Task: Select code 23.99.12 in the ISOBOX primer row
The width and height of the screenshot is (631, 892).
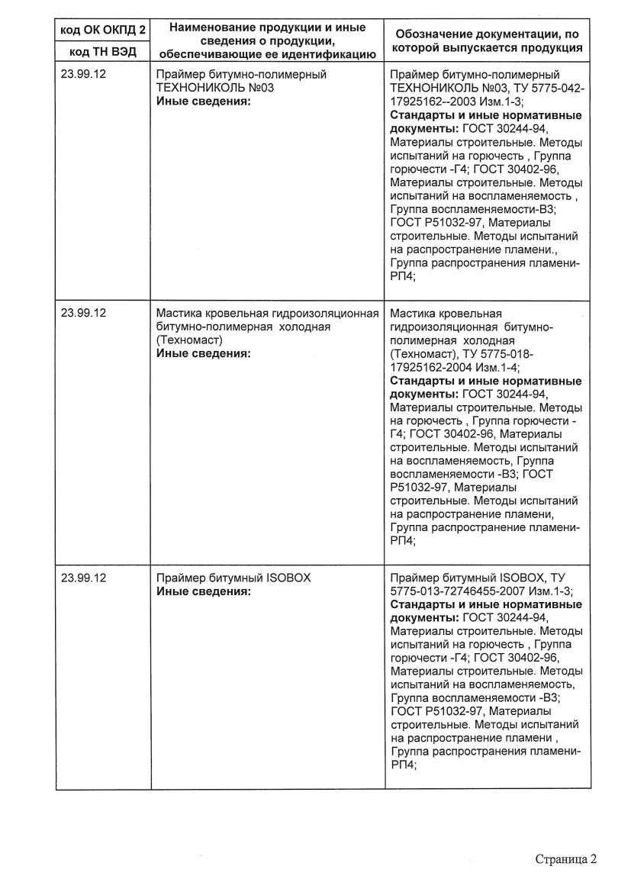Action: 82,578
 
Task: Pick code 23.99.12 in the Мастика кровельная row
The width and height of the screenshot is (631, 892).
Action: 82,313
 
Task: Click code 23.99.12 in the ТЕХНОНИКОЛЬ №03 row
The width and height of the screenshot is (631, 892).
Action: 82,75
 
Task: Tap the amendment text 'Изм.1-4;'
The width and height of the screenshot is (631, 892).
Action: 498,366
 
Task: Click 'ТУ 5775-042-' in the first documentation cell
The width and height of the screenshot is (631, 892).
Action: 552,88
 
